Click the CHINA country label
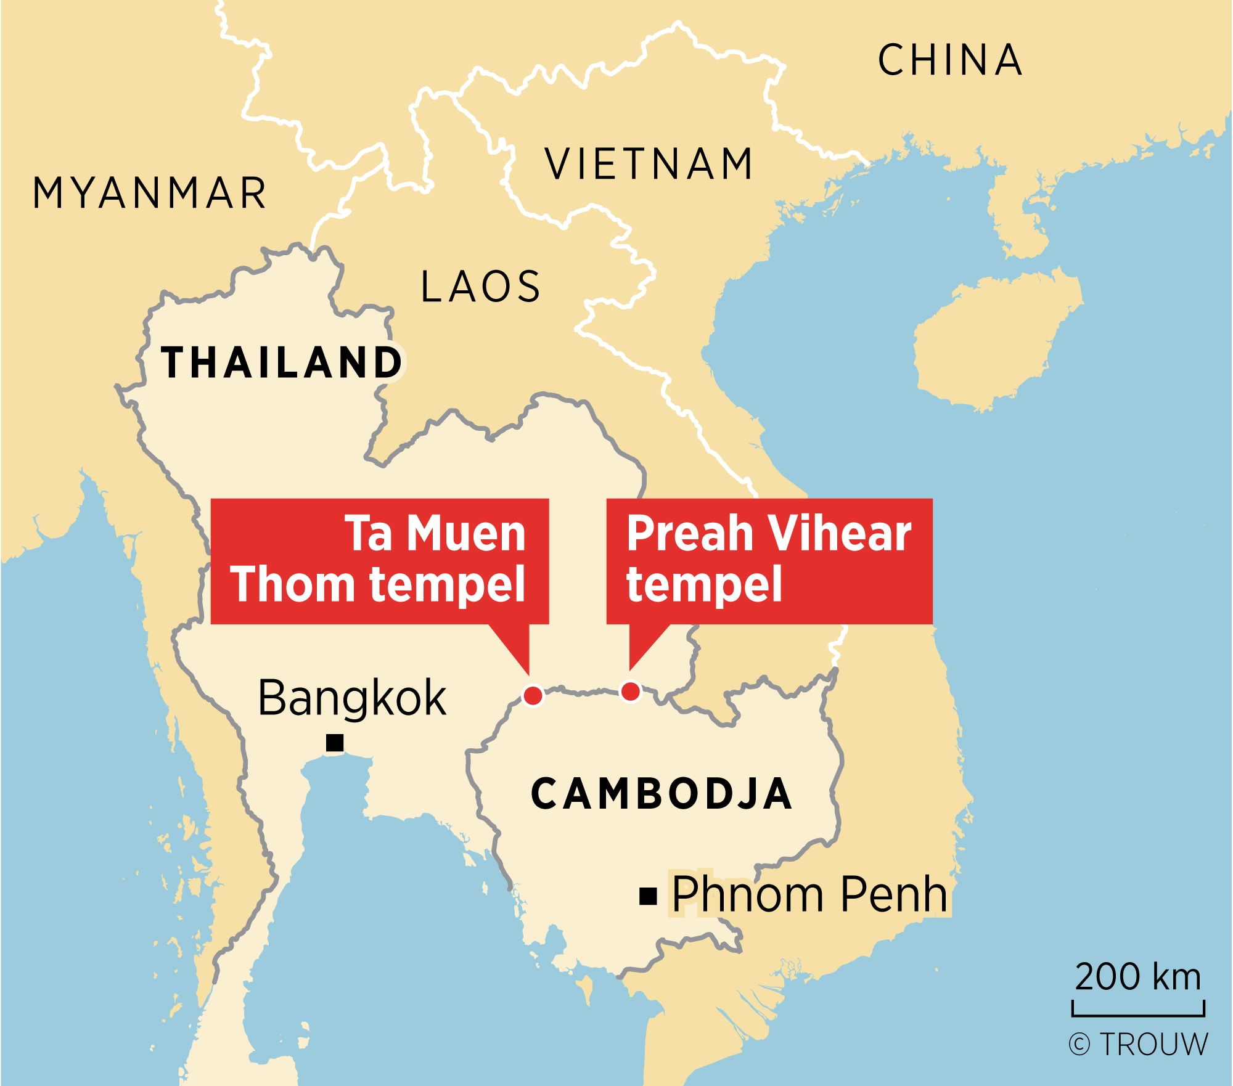(950, 60)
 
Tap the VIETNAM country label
(649, 165)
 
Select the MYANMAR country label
(149, 193)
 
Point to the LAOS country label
(480, 287)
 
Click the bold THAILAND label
(281, 362)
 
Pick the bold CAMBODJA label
(661, 794)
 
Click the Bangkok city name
(351, 698)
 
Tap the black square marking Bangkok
(335, 743)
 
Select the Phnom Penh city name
(809, 894)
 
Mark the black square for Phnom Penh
(648, 896)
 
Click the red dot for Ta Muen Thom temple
(533, 695)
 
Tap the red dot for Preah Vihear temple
(630, 692)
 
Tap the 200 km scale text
(1138, 977)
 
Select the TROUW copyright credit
(1138, 1045)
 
